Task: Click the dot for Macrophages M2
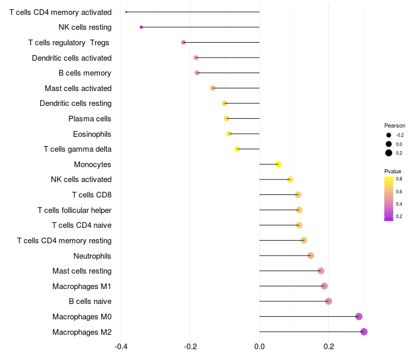point(364,332)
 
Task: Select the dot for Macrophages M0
point(359,316)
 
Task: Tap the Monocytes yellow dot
point(278,164)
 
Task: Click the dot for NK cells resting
point(141,27)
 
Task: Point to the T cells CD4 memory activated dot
point(126,12)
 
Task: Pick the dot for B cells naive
point(328,301)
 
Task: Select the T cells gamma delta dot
point(237,149)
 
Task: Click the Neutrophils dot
point(310,256)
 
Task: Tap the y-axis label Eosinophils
point(92,134)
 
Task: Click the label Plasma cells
point(90,119)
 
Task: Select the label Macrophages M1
point(82,286)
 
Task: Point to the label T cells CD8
point(91,195)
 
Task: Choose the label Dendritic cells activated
point(71,58)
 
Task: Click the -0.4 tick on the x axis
point(121,347)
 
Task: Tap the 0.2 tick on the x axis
point(328,347)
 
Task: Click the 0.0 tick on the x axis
point(259,347)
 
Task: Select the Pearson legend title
point(395,125)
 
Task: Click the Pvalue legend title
point(393,171)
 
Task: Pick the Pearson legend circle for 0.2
point(389,153)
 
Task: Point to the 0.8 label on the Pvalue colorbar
point(399,179)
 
